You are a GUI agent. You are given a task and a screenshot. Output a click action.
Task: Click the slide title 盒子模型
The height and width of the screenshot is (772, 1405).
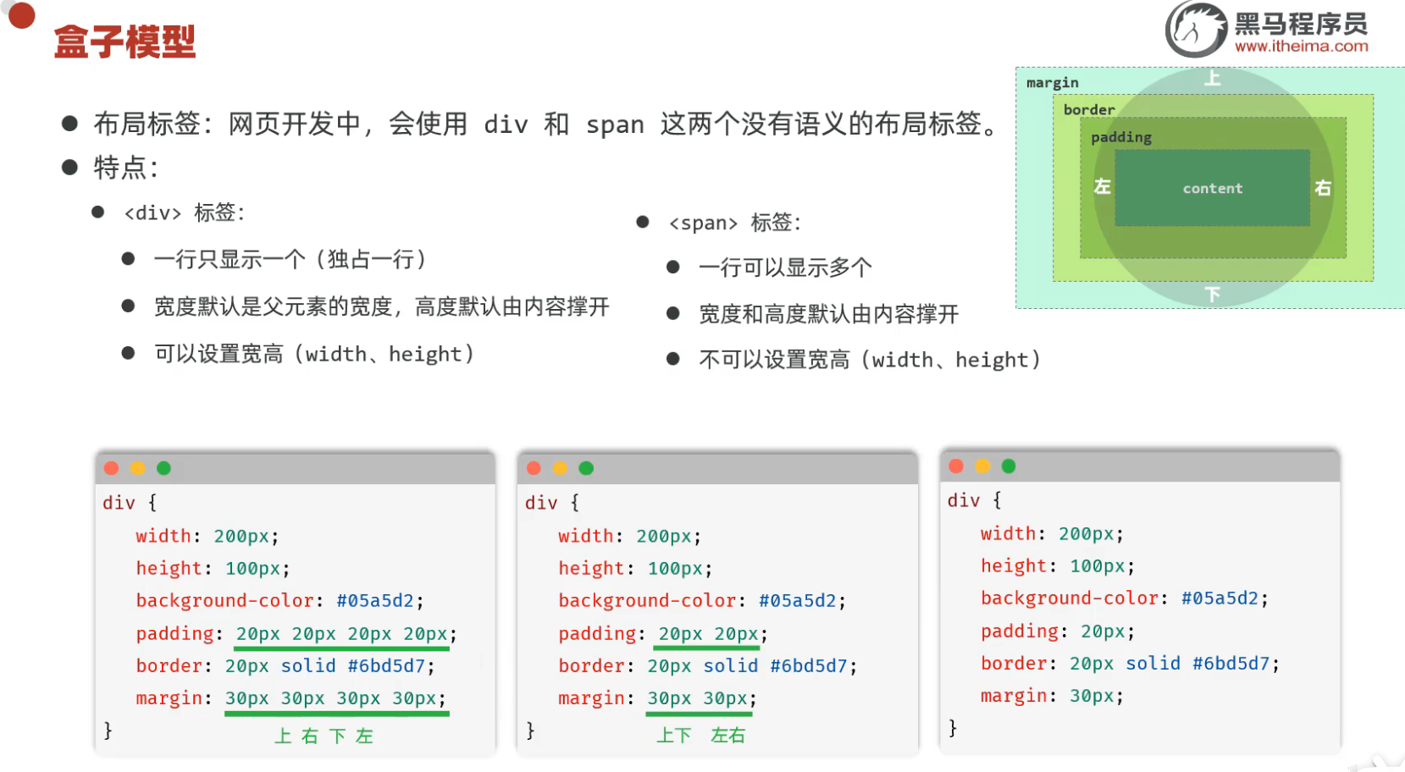coord(124,41)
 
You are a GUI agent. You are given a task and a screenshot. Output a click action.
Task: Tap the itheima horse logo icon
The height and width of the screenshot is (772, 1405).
coord(1195,30)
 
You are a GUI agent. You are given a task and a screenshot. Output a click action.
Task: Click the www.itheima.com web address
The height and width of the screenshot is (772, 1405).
coord(1301,47)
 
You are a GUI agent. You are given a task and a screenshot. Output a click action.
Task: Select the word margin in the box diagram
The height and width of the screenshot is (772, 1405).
coord(1052,83)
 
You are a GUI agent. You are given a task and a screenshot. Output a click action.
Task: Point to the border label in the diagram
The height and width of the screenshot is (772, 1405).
coord(1089,110)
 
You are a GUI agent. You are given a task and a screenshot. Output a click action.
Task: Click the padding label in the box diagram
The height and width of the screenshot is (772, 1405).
coord(1120,137)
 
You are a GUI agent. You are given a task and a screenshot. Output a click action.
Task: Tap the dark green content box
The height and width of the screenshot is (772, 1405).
coord(1212,188)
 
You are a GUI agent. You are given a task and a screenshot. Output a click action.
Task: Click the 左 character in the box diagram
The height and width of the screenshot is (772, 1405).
coord(1102,186)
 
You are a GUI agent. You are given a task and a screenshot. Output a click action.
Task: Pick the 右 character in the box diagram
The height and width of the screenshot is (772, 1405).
coord(1323,188)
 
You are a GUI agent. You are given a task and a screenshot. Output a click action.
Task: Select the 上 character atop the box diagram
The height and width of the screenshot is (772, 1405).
coord(1213,79)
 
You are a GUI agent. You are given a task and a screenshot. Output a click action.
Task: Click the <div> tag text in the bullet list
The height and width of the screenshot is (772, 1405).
coord(152,213)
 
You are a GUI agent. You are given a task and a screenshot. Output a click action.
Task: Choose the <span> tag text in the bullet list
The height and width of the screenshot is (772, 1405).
coord(703,223)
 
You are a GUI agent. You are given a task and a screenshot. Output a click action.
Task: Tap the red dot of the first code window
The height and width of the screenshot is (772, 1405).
coord(111,468)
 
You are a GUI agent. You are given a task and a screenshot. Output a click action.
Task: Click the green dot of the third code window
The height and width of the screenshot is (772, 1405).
coord(1008,466)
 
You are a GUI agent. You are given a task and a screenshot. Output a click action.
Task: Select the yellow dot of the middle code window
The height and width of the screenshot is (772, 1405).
coord(559,468)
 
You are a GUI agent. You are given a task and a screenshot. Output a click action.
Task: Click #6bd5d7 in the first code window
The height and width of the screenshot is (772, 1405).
coord(385,666)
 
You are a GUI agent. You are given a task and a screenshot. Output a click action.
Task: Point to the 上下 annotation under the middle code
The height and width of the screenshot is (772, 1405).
coord(674,736)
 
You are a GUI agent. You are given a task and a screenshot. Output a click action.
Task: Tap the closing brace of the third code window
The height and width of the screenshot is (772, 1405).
coord(953,728)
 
